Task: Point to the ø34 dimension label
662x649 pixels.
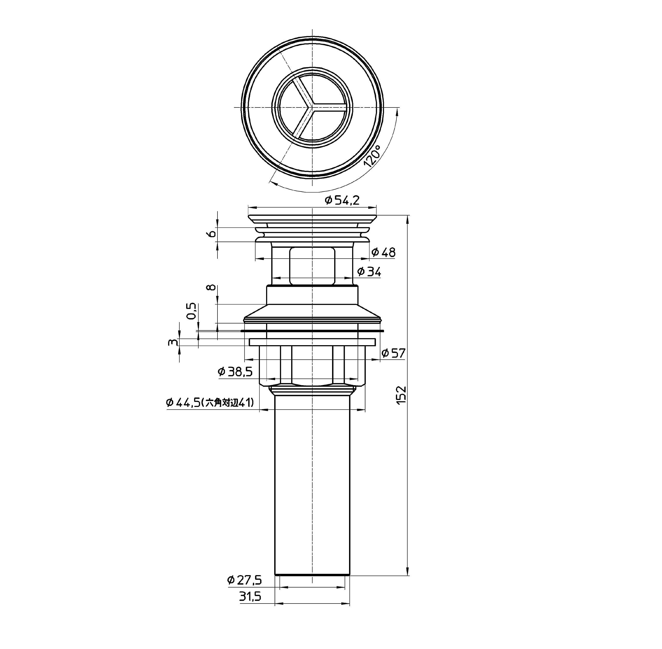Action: (x=369, y=272)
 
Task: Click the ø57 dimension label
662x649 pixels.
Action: (x=393, y=353)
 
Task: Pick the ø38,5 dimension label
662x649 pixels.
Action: (x=235, y=372)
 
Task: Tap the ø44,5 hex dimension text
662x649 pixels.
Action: (x=210, y=403)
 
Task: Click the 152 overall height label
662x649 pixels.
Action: (x=402, y=395)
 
